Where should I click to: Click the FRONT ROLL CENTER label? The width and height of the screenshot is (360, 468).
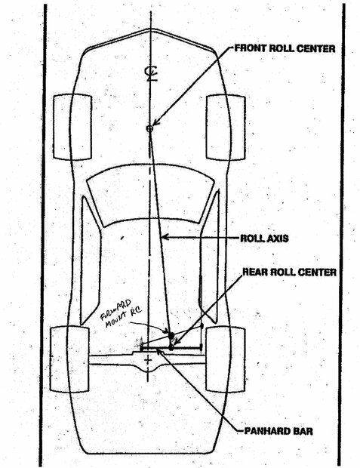click(x=285, y=48)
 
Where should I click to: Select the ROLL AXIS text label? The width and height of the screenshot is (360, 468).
click(x=264, y=239)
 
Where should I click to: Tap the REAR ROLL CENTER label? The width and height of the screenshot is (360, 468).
click(x=289, y=272)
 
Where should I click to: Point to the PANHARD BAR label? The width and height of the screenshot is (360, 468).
click(x=278, y=431)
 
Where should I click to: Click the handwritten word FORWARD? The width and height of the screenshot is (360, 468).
click(x=115, y=308)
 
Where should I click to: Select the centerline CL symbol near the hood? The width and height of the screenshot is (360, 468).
click(x=151, y=74)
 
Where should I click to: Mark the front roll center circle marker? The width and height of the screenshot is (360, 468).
click(x=149, y=128)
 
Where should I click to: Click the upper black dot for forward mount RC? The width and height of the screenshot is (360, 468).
click(x=171, y=335)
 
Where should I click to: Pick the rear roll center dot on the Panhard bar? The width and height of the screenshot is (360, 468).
click(x=171, y=348)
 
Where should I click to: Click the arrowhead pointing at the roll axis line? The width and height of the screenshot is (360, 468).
click(x=165, y=237)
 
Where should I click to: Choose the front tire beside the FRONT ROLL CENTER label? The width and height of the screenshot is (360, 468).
click(x=226, y=128)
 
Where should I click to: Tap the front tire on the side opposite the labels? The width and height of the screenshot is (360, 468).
click(x=72, y=127)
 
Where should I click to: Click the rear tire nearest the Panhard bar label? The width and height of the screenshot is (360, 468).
click(x=226, y=359)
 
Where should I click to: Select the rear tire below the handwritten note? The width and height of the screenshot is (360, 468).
click(x=69, y=359)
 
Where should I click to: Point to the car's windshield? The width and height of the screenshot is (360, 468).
click(x=151, y=194)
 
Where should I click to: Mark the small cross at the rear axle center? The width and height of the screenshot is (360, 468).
click(x=148, y=361)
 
